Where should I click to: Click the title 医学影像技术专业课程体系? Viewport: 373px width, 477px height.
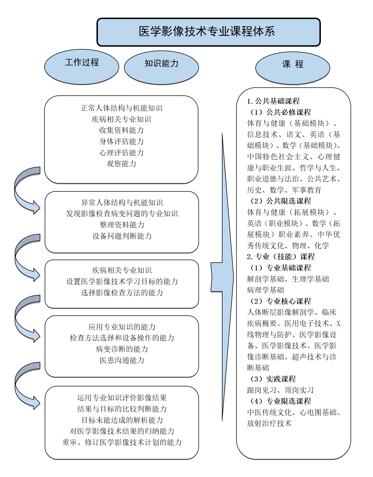(207, 32)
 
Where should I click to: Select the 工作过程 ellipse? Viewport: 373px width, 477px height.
(82, 67)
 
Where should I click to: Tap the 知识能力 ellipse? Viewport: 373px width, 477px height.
(161, 67)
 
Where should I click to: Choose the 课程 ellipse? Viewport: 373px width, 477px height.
(293, 68)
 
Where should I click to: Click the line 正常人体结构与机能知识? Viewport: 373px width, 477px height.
(122, 108)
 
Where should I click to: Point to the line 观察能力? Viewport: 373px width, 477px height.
(122, 164)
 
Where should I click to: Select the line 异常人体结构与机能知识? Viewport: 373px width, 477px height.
(122, 203)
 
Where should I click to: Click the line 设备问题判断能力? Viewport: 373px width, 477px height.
(122, 236)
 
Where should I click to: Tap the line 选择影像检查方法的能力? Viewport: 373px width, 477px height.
(122, 293)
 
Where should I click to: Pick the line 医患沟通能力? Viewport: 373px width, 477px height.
(122, 360)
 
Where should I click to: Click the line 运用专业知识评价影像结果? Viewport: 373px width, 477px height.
(122, 398)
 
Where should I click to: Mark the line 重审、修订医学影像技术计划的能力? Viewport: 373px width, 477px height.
(122, 442)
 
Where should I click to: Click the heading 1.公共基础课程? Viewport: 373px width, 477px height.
(273, 101)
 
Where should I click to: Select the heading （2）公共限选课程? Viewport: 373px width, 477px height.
(280, 201)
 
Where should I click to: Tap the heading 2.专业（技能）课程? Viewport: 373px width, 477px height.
(281, 257)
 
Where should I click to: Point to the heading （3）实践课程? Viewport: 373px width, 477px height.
(273, 379)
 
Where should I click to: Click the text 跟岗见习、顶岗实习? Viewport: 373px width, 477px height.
(280, 390)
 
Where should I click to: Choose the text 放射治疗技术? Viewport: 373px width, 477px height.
(269, 423)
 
